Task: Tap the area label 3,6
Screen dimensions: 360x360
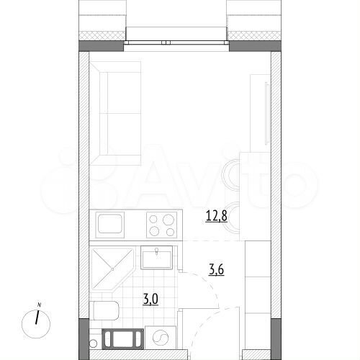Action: [x=215, y=270]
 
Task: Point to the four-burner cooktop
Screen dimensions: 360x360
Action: [x=160, y=224]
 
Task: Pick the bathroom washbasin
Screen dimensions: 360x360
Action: [x=155, y=257]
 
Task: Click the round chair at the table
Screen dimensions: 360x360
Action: [x=232, y=174]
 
